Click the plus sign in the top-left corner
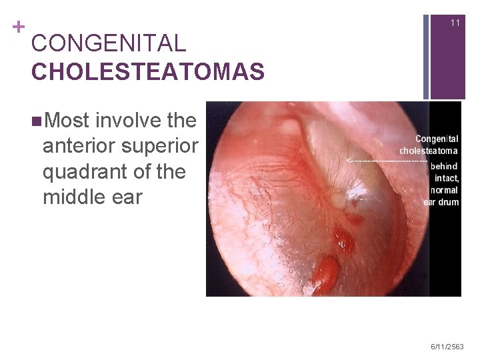(x=18, y=27)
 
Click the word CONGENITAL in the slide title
(x=109, y=44)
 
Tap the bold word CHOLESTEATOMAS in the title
(x=147, y=71)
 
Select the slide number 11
(x=455, y=23)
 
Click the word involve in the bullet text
(x=128, y=121)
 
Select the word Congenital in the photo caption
(x=437, y=139)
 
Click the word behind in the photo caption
(x=444, y=165)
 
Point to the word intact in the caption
(x=446, y=178)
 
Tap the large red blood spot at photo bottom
(x=327, y=272)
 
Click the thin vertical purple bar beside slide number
(x=426, y=50)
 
